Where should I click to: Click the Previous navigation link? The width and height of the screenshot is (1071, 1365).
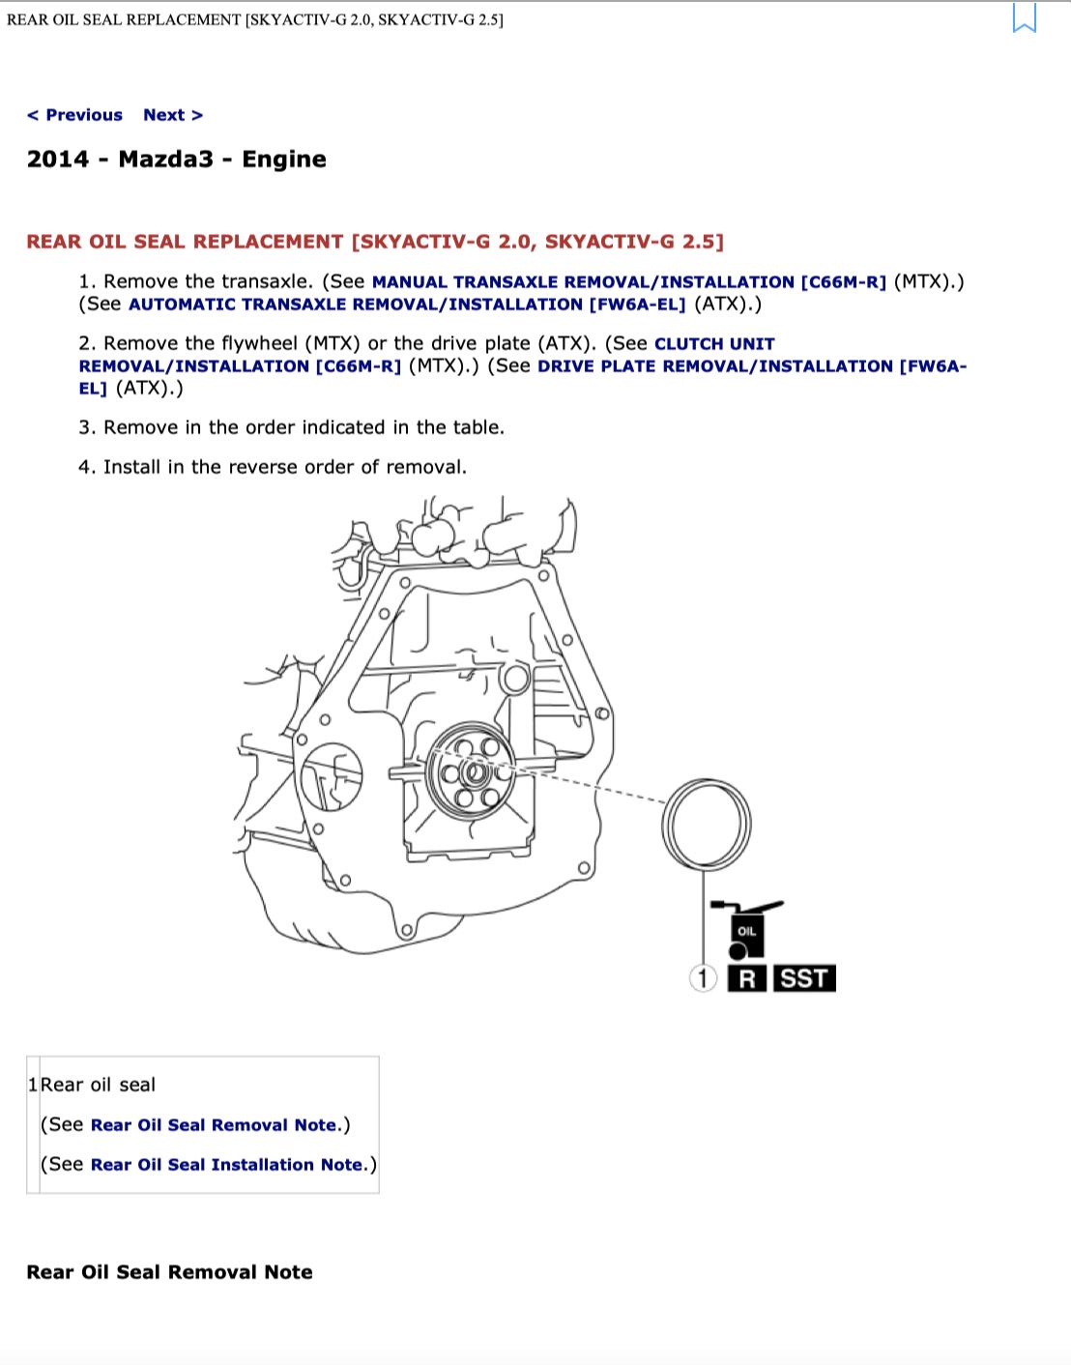(74, 115)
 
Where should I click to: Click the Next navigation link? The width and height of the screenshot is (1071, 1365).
(173, 115)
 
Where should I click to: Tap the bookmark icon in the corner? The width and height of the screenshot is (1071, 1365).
(1024, 17)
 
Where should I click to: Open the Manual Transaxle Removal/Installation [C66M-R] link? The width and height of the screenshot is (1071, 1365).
(629, 282)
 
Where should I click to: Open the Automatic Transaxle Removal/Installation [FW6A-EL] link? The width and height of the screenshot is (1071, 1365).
(407, 305)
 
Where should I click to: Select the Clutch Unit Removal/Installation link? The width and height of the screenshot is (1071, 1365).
(427, 355)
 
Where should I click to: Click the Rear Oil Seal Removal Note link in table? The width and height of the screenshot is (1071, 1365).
(214, 1124)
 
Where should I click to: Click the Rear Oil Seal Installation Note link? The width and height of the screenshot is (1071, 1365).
(226, 1165)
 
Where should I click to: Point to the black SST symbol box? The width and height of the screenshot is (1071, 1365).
(804, 978)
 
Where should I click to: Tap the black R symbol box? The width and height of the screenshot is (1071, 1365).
(747, 978)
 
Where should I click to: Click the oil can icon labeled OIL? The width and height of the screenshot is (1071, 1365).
(746, 930)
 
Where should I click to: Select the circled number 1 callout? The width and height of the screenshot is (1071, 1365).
(703, 978)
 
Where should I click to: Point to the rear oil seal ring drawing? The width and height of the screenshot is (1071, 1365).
(664, 825)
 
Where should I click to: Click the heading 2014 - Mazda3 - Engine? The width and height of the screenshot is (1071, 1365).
(177, 159)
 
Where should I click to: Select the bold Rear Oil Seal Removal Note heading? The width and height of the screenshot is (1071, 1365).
(169, 1272)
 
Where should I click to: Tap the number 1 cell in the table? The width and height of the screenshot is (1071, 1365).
(33, 1085)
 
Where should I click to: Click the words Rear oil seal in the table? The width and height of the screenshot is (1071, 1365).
(98, 1085)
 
